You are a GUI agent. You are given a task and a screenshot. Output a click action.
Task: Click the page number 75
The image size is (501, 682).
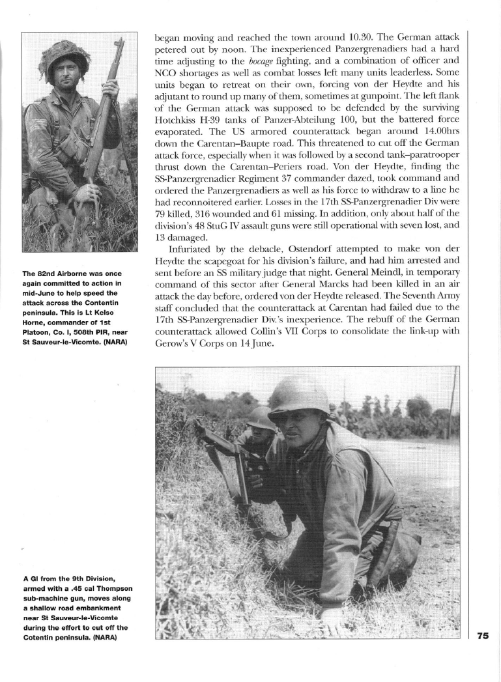point(483,636)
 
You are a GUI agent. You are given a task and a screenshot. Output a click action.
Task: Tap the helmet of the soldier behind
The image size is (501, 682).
point(260,417)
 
